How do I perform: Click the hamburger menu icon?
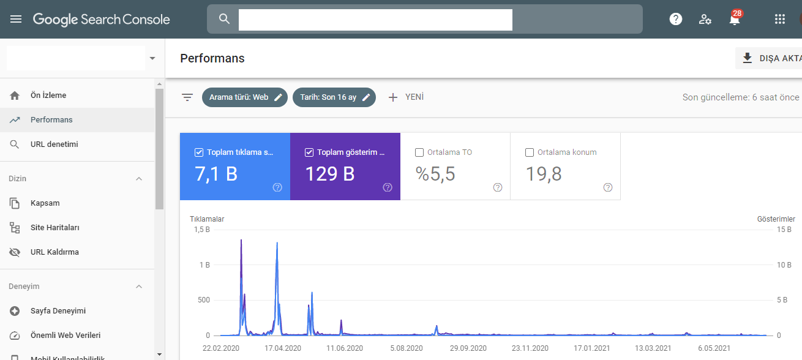[16, 19]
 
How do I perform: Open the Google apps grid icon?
[779, 19]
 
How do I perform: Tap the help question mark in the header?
[676, 19]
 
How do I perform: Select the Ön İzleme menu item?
[48, 96]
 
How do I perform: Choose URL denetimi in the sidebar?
[54, 144]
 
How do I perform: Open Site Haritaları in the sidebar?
[54, 228]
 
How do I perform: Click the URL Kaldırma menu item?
[54, 252]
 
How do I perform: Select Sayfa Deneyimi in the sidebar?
[58, 310]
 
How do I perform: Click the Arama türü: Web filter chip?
[244, 97]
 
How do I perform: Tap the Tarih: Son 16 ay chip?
[334, 97]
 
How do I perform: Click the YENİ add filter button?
[406, 97]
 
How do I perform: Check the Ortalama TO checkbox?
[419, 152]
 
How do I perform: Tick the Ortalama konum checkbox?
[529, 152]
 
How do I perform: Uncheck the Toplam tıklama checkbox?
[199, 152]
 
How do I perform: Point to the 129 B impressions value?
[330, 174]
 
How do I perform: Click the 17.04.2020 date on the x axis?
[283, 348]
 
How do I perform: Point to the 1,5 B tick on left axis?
[202, 230]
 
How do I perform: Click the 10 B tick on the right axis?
[784, 264]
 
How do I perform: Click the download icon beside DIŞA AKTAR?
[748, 58]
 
